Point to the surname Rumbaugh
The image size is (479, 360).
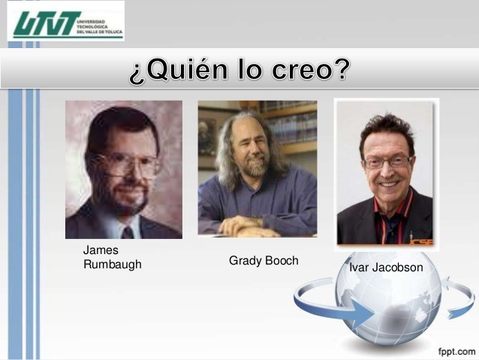coord(112,265)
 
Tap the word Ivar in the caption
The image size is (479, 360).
coord(360,268)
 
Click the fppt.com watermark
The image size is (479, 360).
coord(456,351)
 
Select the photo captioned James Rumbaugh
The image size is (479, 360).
coord(124,170)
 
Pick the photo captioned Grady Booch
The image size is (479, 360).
coord(258,168)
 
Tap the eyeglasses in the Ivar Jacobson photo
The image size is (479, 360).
coord(387,161)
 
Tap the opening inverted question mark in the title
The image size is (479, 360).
coord(137,72)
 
